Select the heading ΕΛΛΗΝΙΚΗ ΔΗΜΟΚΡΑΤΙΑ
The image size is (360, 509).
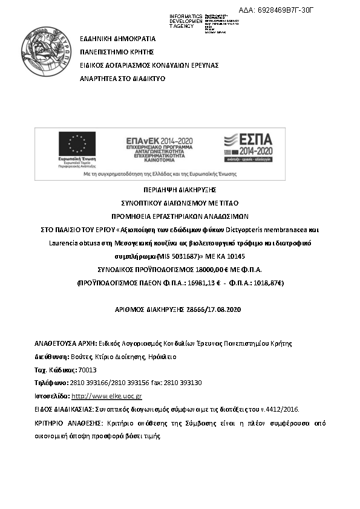pyautogui.click(x=118, y=38)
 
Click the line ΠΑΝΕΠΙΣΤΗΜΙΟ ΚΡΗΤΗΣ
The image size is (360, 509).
pyautogui.click(x=117, y=51)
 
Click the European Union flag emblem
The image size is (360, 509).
pyautogui.click(x=77, y=144)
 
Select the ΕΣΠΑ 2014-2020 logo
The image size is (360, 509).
pyautogui.click(x=248, y=145)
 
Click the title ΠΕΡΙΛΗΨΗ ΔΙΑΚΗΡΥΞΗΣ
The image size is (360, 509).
pyautogui.click(x=179, y=190)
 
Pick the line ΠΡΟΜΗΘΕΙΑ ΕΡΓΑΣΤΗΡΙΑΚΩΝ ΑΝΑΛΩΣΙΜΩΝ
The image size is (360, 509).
pyautogui.click(x=179, y=216)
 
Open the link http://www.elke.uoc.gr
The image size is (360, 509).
pyautogui.click(x=106, y=397)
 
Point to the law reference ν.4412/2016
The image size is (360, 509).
pyautogui.click(x=286, y=410)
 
